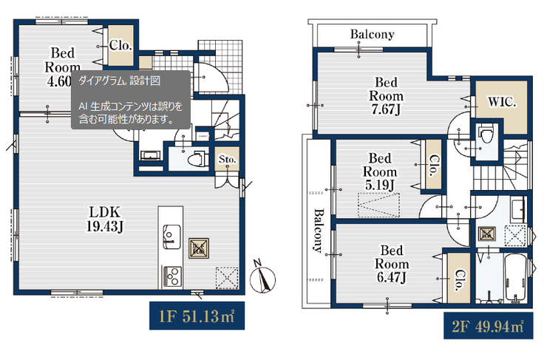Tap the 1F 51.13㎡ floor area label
pos(197,316)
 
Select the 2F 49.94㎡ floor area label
pos(488,326)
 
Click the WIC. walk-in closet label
pos(502,103)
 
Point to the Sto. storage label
pos(227,160)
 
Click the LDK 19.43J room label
pos(104,219)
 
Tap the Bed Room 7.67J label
pos(386,96)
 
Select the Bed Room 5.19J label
pos(380,171)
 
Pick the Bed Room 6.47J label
pos(392,263)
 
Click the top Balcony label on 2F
pos(373,34)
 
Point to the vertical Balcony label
pos(318,230)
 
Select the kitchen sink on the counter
pos(172,237)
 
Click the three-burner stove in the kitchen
pos(172,276)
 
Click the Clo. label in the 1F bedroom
pos(120,45)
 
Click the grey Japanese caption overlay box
pos(131,100)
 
